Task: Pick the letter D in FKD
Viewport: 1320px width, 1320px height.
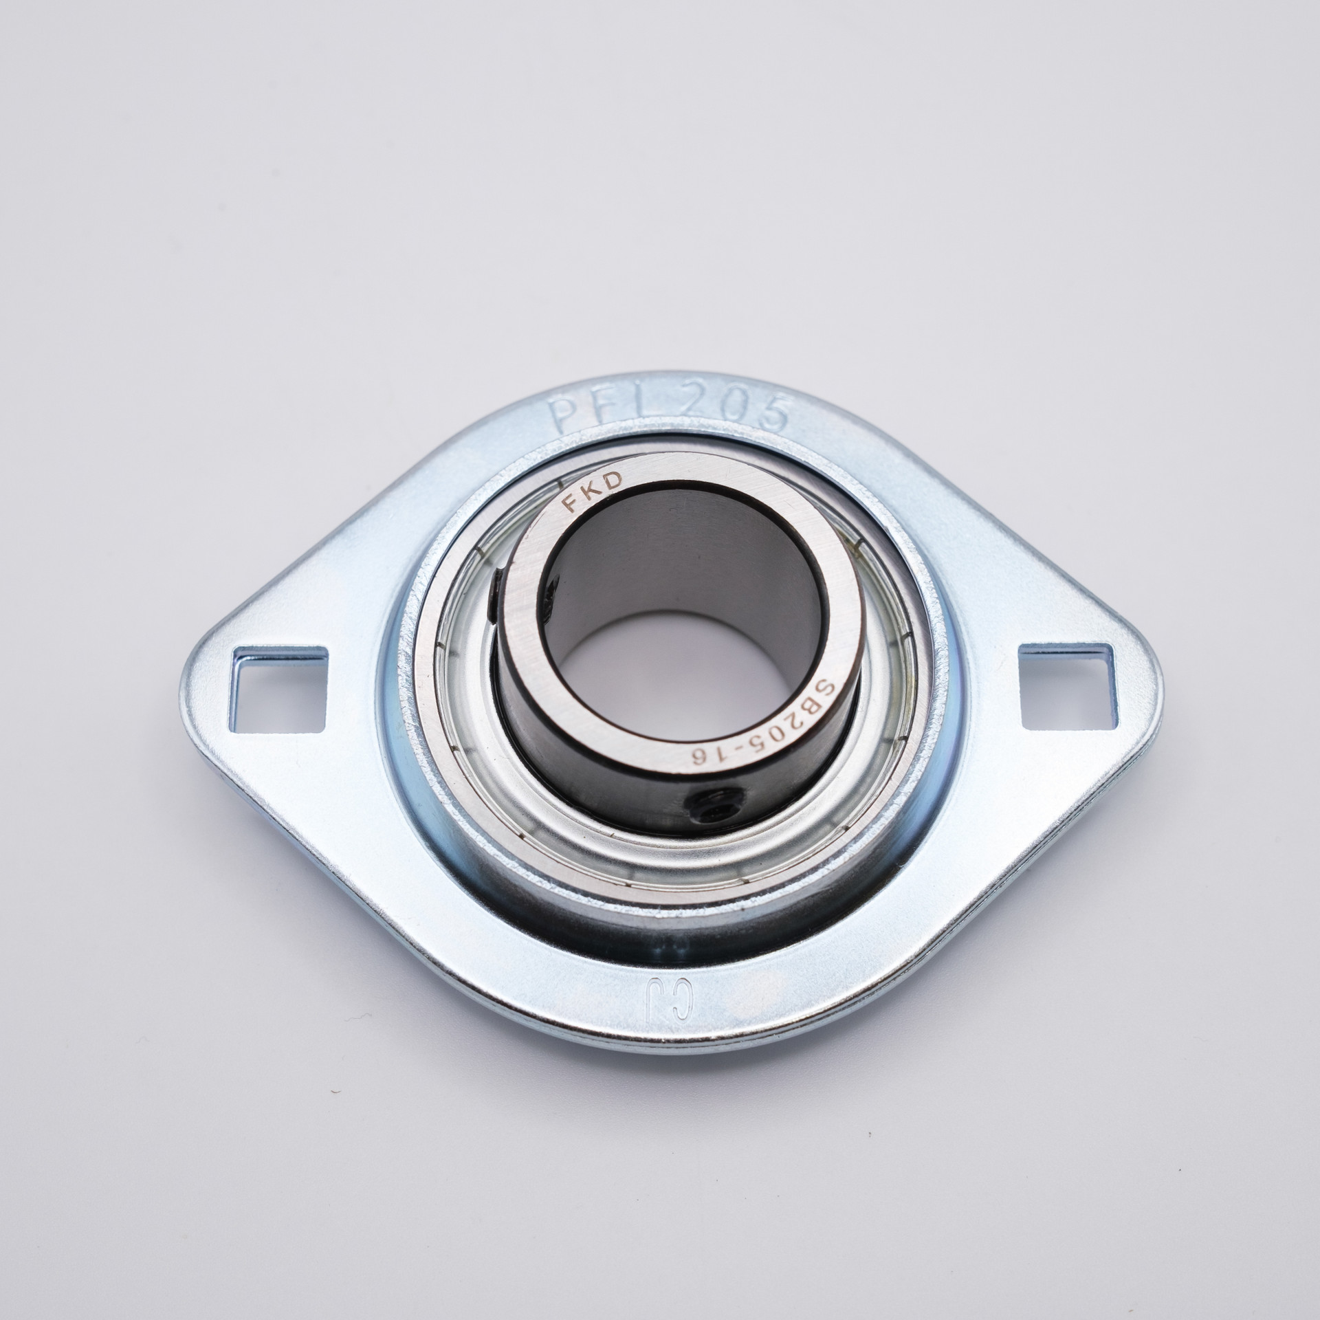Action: click(x=614, y=480)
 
